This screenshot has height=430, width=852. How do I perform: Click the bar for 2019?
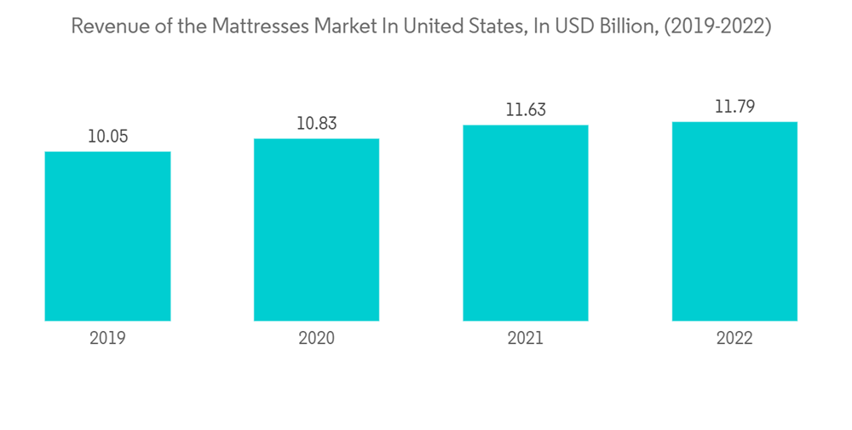coord(107,236)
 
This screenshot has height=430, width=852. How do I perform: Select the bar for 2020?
coord(316,230)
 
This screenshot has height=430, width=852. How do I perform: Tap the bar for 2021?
coord(526,223)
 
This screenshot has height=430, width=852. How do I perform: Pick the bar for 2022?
coord(734,221)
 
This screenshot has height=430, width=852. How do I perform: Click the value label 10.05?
coord(107,137)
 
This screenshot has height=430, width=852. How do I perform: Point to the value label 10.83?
coord(316,124)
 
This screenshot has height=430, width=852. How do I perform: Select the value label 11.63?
coord(526,110)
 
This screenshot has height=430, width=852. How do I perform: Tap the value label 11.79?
coord(734,107)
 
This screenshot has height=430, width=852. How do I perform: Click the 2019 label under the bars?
coord(107,339)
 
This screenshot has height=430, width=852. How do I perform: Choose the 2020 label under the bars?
coord(316,339)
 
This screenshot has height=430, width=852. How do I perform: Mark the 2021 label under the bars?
coord(526,339)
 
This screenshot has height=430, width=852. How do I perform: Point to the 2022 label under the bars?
coord(734,339)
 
